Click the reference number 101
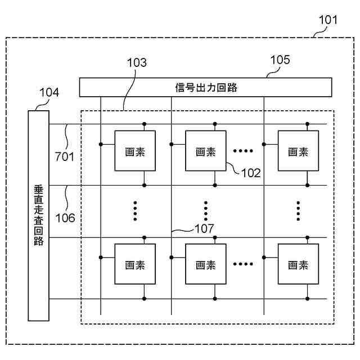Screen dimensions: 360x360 328,20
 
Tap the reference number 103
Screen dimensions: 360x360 137,62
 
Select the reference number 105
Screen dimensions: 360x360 280,60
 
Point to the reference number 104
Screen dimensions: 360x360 49,92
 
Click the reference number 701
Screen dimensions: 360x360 65,157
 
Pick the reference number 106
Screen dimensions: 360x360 65,218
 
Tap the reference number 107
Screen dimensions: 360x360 204,229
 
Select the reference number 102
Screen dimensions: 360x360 251,173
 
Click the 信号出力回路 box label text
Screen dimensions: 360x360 206,88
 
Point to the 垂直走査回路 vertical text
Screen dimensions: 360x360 39,215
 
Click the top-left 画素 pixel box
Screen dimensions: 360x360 135,151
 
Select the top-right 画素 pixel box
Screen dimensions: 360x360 298,151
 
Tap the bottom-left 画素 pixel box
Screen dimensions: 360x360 135,264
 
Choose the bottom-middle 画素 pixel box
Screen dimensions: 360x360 206,264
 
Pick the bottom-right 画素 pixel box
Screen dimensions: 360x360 298,264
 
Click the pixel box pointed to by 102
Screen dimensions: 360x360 206,151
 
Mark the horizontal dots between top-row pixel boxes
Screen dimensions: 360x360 243,151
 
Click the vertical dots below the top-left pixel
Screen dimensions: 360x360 135,211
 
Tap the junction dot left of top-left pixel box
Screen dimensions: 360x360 101,145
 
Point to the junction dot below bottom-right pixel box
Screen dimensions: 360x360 308,299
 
